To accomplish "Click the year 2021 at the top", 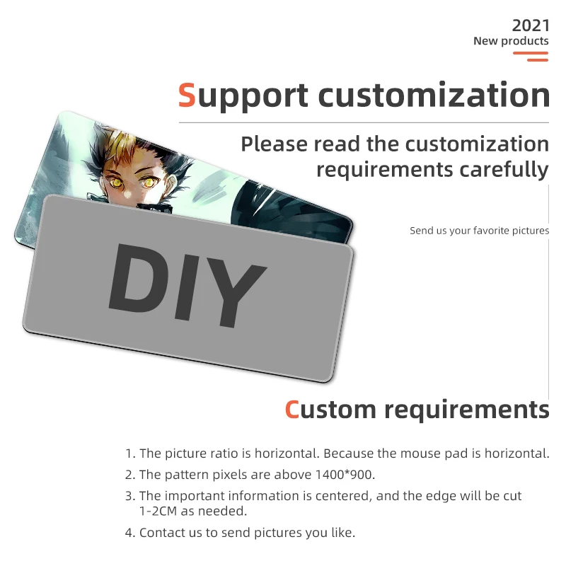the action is [530, 25].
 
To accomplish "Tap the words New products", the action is [511, 41].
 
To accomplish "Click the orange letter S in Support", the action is [187, 96].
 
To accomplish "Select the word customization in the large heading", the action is [434, 96].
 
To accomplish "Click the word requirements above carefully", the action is [384, 171].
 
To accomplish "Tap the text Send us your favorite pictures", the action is [480, 231].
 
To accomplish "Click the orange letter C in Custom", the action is [292, 410].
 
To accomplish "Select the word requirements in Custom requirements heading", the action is [467, 410].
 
